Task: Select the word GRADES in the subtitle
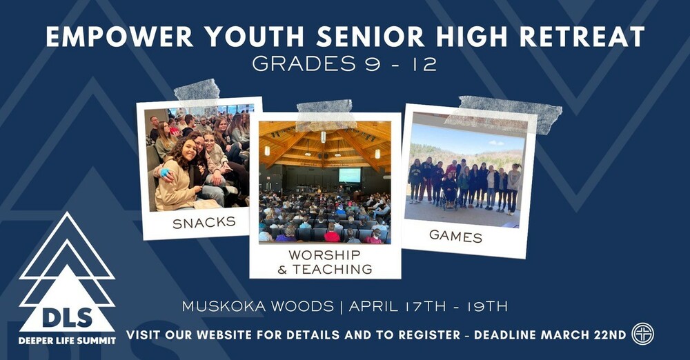tap(297, 63)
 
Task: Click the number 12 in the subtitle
tap(426, 63)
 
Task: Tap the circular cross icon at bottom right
tap(642, 334)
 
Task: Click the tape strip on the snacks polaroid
tap(197, 91)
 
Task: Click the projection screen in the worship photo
tap(349, 175)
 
